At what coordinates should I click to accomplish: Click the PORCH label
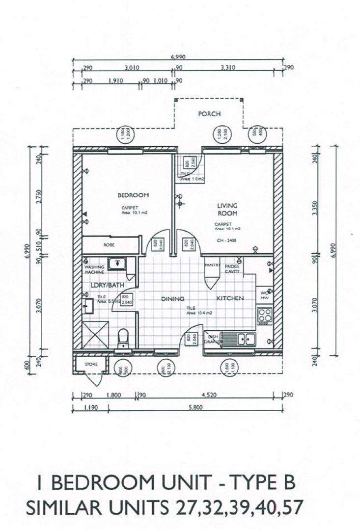(209, 114)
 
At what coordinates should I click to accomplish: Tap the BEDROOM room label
(133, 195)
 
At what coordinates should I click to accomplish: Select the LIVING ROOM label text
(227, 210)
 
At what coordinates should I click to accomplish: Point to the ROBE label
(109, 244)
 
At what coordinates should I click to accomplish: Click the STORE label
(92, 364)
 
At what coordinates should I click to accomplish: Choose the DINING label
(173, 298)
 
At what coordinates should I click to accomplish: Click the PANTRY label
(211, 265)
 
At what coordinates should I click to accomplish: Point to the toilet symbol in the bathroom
(123, 337)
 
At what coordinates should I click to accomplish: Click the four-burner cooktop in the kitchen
(265, 314)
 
